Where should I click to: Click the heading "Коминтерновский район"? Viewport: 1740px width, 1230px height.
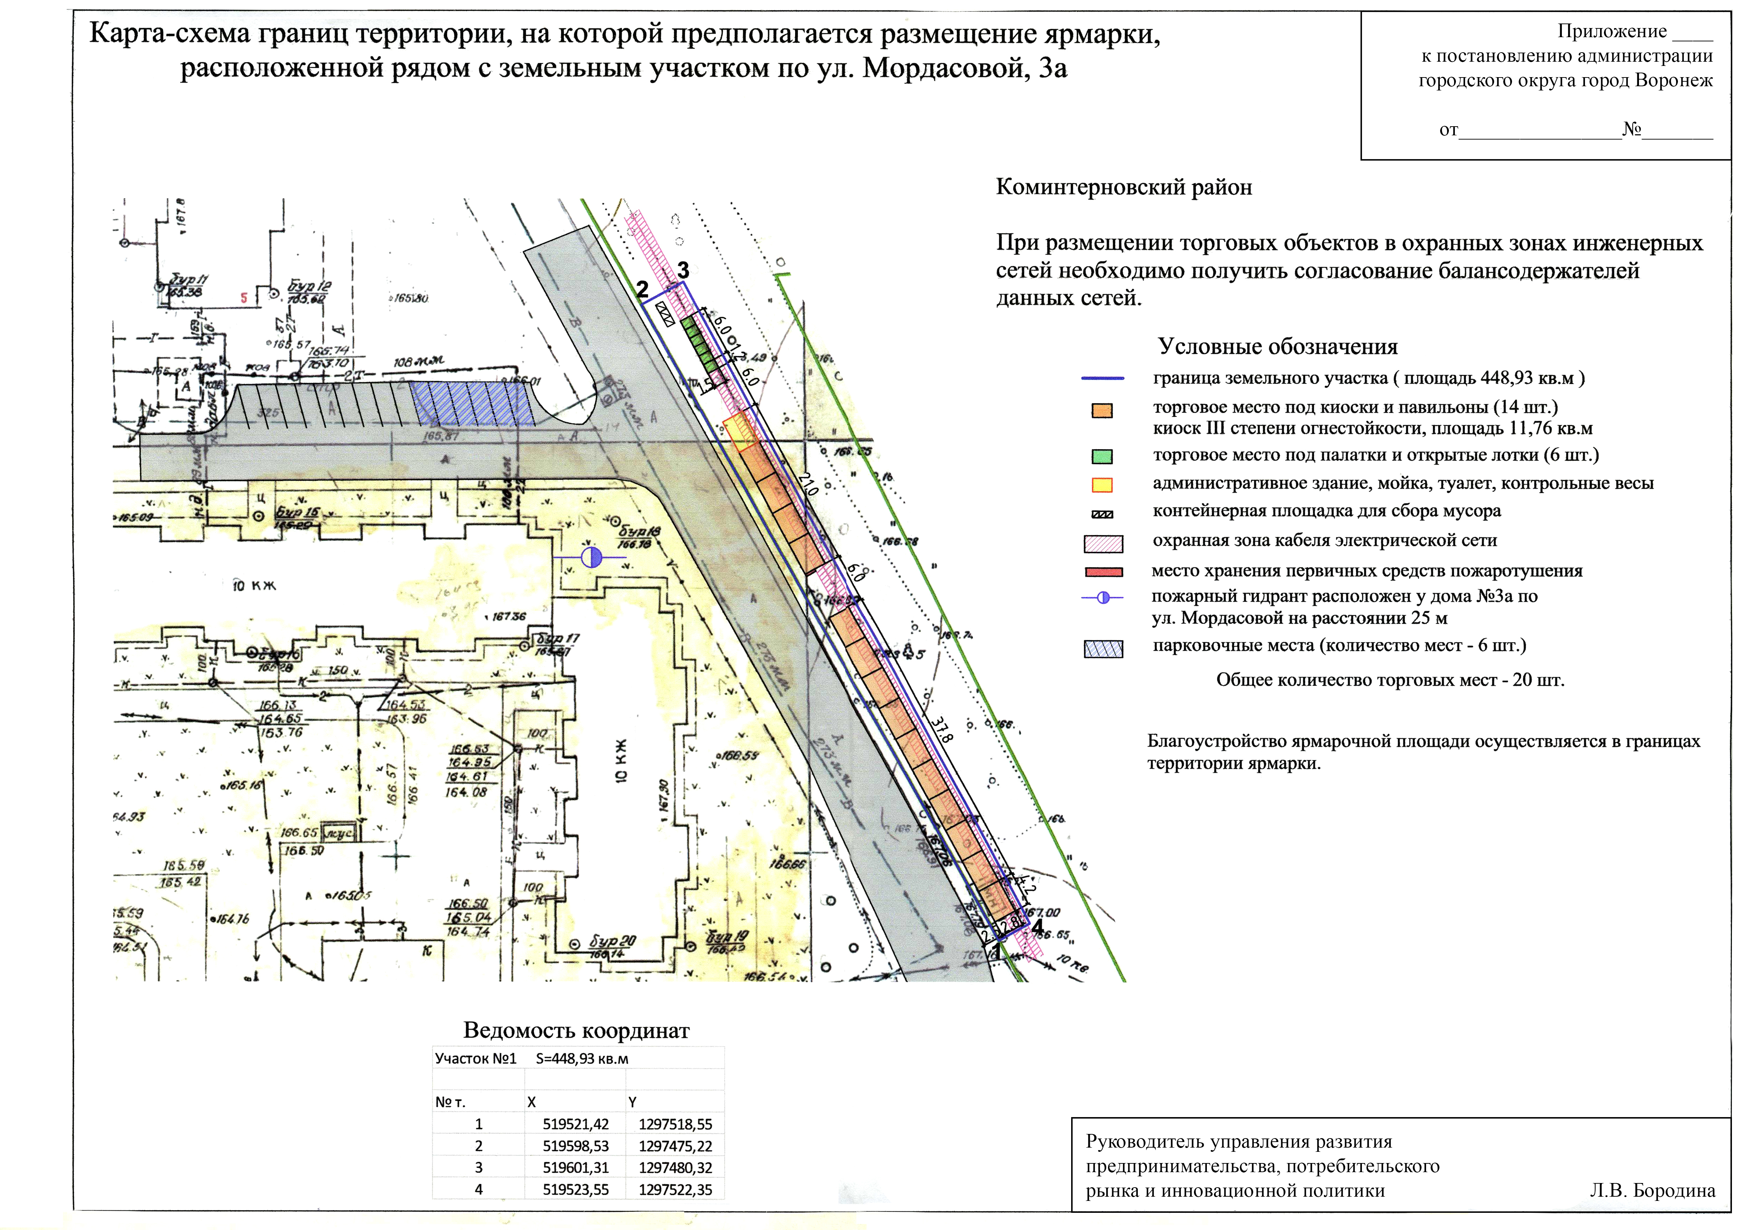pos(1123,187)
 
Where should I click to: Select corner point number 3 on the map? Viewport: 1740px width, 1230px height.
pos(683,270)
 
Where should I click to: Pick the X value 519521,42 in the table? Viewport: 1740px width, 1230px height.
pos(575,1124)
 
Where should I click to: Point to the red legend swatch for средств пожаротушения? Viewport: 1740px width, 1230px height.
pos(1103,572)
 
